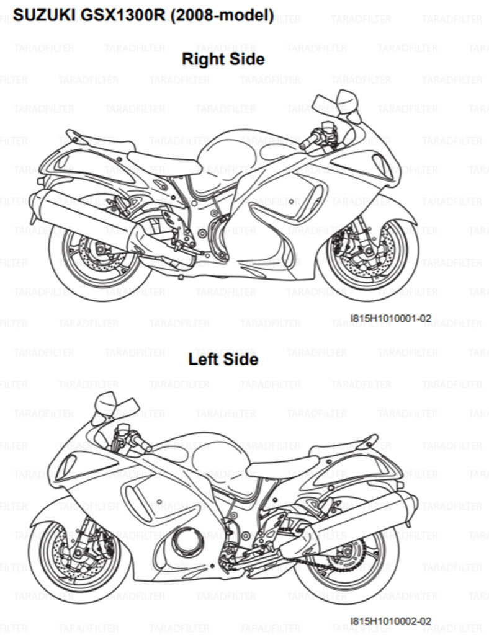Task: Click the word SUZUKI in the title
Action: coord(45,16)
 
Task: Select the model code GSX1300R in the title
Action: coord(123,16)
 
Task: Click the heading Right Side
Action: coord(223,59)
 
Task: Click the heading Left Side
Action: coord(223,359)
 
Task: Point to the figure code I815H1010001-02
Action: coord(390,318)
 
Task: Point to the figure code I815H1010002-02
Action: coord(390,621)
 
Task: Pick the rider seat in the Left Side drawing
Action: coord(284,466)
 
